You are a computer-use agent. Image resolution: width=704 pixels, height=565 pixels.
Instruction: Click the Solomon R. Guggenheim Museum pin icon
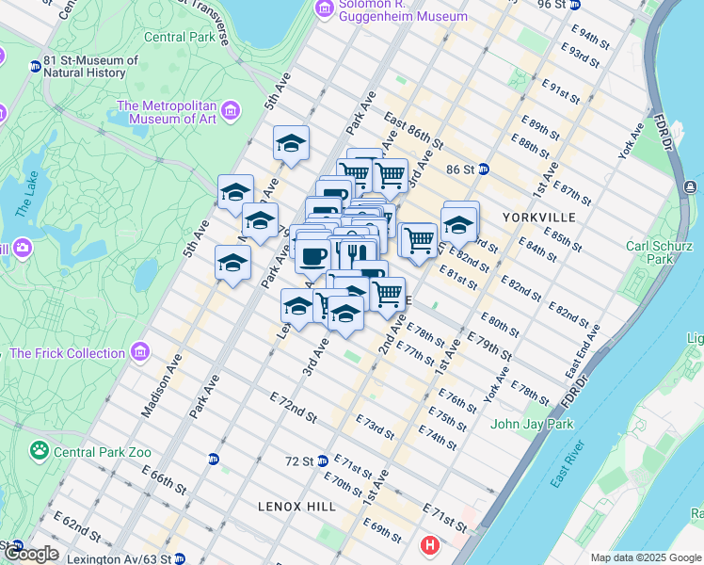coord(325,8)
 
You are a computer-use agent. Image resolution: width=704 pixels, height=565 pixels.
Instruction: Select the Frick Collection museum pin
coord(140,352)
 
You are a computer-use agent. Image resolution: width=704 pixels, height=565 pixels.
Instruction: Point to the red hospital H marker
coord(430,544)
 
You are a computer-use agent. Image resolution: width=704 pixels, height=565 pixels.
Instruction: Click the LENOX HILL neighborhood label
coord(296,507)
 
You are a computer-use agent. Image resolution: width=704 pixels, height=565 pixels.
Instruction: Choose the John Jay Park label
coord(532,424)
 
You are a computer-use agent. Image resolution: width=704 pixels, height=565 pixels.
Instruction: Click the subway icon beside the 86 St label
coord(484,169)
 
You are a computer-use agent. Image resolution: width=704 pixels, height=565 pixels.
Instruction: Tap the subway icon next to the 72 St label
coord(322,460)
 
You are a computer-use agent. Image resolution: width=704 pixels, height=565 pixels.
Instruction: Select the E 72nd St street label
coord(293,408)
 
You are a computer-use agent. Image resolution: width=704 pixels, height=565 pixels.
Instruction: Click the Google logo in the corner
coord(30,554)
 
